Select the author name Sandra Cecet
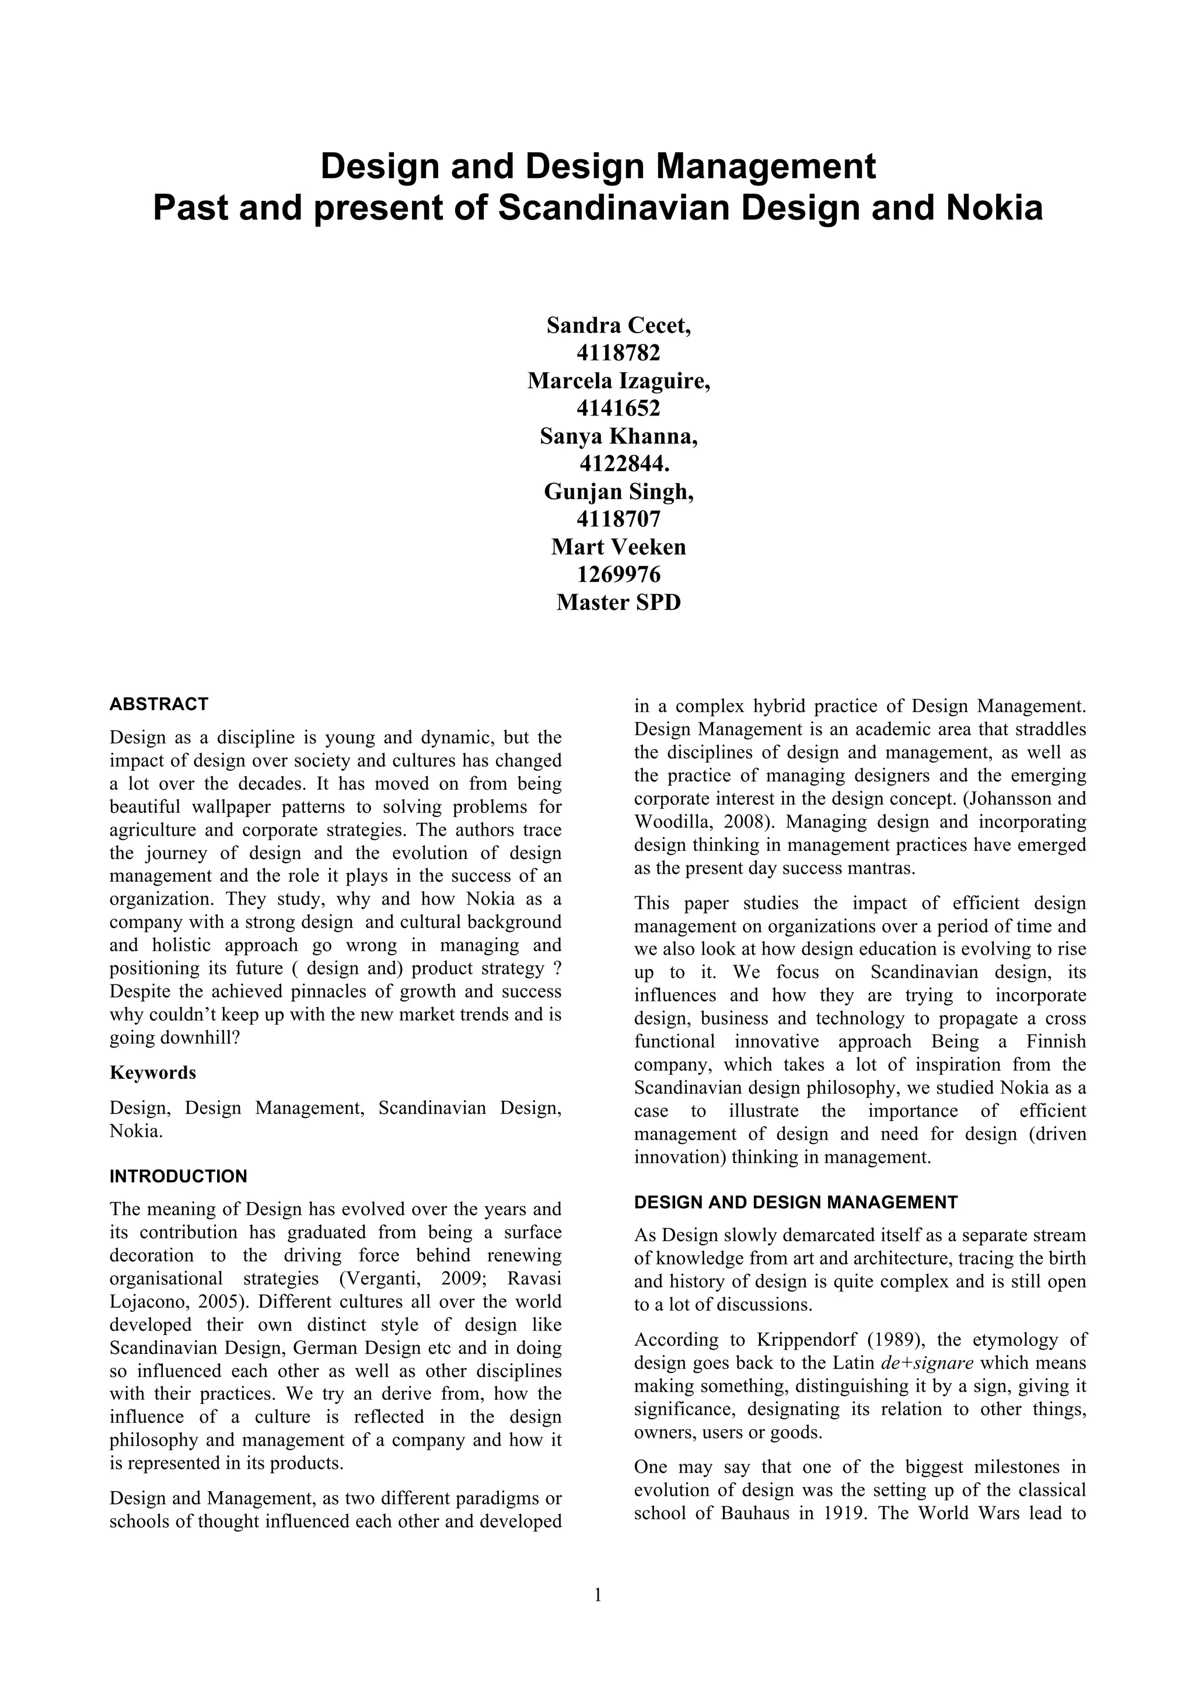pos(618,326)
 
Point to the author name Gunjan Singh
pos(618,491)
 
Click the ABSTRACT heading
pos(159,704)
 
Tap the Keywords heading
pos(153,1073)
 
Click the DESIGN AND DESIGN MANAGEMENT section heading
pos(795,1203)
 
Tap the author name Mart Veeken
pos(618,547)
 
